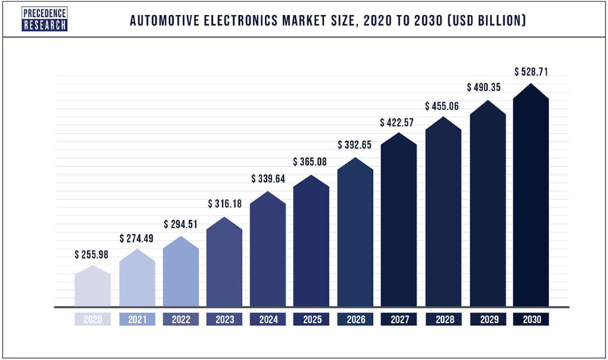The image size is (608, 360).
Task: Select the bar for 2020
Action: [92, 287]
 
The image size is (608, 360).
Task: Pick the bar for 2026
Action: [355, 236]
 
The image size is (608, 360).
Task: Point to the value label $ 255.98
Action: [93, 255]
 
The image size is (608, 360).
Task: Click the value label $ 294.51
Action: [180, 224]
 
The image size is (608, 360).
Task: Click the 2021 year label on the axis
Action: [136, 319]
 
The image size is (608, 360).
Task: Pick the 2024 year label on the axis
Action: [268, 319]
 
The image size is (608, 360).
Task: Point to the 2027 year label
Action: [399, 319]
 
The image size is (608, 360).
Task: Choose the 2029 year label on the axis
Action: [487, 319]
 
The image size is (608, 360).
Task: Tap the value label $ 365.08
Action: [311, 162]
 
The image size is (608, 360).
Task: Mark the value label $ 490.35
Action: [487, 88]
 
